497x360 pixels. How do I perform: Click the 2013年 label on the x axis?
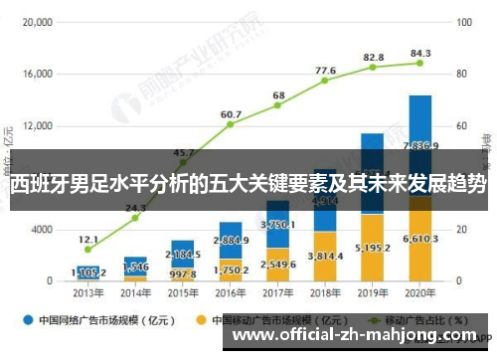click(x=87, y=294)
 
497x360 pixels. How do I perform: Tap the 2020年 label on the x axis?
click(x=420, y=294)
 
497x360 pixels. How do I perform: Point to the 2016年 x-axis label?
click(x=231, y=294)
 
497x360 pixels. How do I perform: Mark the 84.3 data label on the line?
click(x=420, y=53)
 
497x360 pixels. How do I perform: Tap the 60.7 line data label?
click(x=231, y=114)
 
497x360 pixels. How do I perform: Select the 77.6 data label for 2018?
click(x=325, y=71)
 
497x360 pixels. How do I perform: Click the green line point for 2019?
click(x=373, y=67)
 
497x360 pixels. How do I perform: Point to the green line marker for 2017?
click(x=278, y=105)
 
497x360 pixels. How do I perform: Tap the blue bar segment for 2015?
click(x=183, y=254)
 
